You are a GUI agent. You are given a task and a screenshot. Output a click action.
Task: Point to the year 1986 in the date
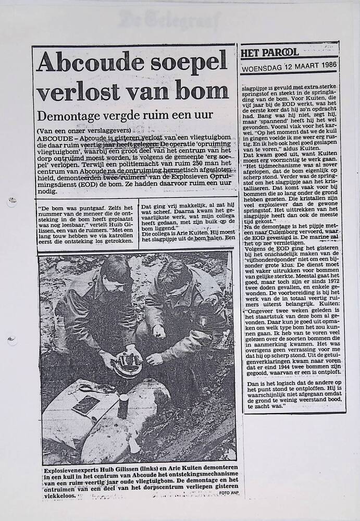click(326, 67)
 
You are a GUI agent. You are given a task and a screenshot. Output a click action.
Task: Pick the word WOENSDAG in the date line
click(263, 67)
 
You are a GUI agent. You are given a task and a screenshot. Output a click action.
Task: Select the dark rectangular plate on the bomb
click(85, 405)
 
